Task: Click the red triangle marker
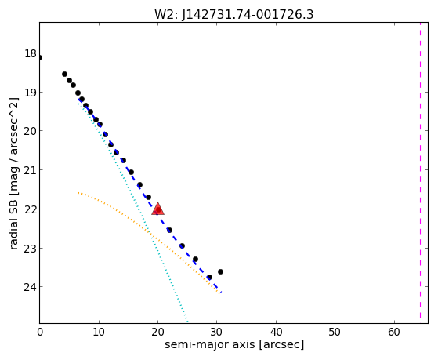point(157,209)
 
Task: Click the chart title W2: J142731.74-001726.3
point(233,15)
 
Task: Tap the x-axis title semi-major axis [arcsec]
point(234,344)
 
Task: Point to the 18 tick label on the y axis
point(30,53)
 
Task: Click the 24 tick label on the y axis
point(30,287)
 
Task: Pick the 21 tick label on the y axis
point(30,170)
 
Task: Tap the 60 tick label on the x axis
point(394,332)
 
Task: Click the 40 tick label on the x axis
point(276,332)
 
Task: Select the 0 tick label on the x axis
point(40,332)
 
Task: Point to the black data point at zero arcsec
point(39,57)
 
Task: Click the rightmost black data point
point(220,271)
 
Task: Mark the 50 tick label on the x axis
point(335,332)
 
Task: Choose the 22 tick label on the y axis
point(30,209)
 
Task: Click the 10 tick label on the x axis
point(99,332)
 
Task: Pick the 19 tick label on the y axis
point(30,93)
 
